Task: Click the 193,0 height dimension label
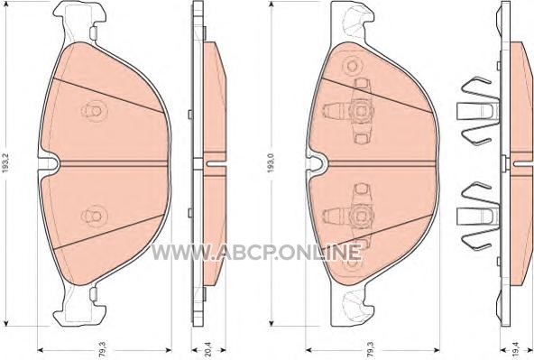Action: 272,162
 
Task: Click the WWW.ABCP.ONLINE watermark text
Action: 256,252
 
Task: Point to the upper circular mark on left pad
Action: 95,111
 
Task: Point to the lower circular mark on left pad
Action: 95,216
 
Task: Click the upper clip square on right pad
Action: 360,111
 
